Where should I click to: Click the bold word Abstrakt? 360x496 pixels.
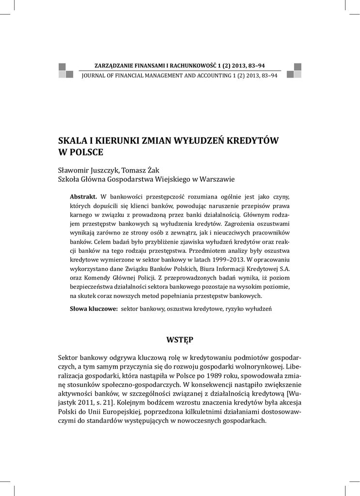84,196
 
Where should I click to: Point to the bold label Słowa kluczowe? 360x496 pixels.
94,309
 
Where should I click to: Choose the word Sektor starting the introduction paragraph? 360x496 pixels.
68,356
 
